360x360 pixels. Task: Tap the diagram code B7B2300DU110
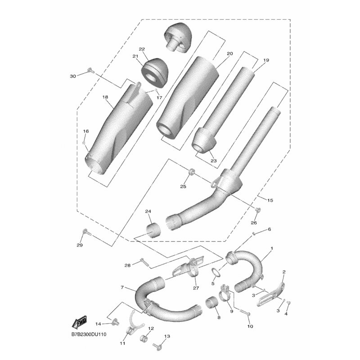[89, 334]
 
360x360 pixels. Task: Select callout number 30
[73, 76]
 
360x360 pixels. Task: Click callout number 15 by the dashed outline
[270, 200]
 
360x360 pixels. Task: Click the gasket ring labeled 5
[216, 273]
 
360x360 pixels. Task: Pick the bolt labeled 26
[258, 209]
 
